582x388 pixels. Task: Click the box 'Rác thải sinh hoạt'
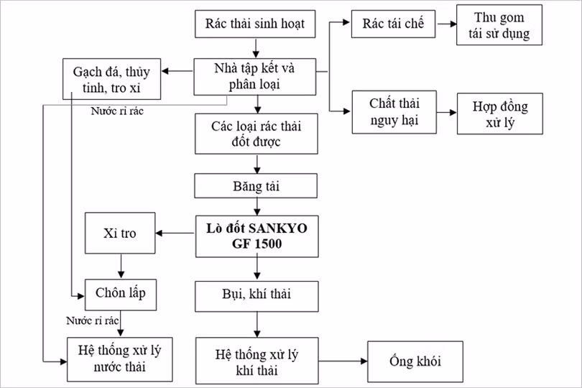click(x=256, y=24)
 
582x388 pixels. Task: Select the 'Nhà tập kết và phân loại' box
click(x=256, y=77)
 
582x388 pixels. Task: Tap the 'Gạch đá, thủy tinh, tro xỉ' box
click(x=111, y=79)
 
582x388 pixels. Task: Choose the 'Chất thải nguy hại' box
click(x=394, y=112)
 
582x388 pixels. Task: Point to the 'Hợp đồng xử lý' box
click(x=501, y=114)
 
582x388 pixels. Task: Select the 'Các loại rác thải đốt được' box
click(x=256, y=134)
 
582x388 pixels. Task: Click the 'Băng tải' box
click(x=256, y=186)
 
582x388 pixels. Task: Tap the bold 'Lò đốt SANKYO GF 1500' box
click(x=256, y=236)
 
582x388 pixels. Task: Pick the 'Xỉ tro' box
click(x=120, y=234)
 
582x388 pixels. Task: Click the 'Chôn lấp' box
click(x=120, y=292)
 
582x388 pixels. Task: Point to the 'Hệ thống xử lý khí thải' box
click(x=256, y=361)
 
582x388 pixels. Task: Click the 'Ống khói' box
click(x=415, y=361)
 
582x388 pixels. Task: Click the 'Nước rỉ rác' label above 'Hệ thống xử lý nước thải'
click(x=91, y=321)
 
